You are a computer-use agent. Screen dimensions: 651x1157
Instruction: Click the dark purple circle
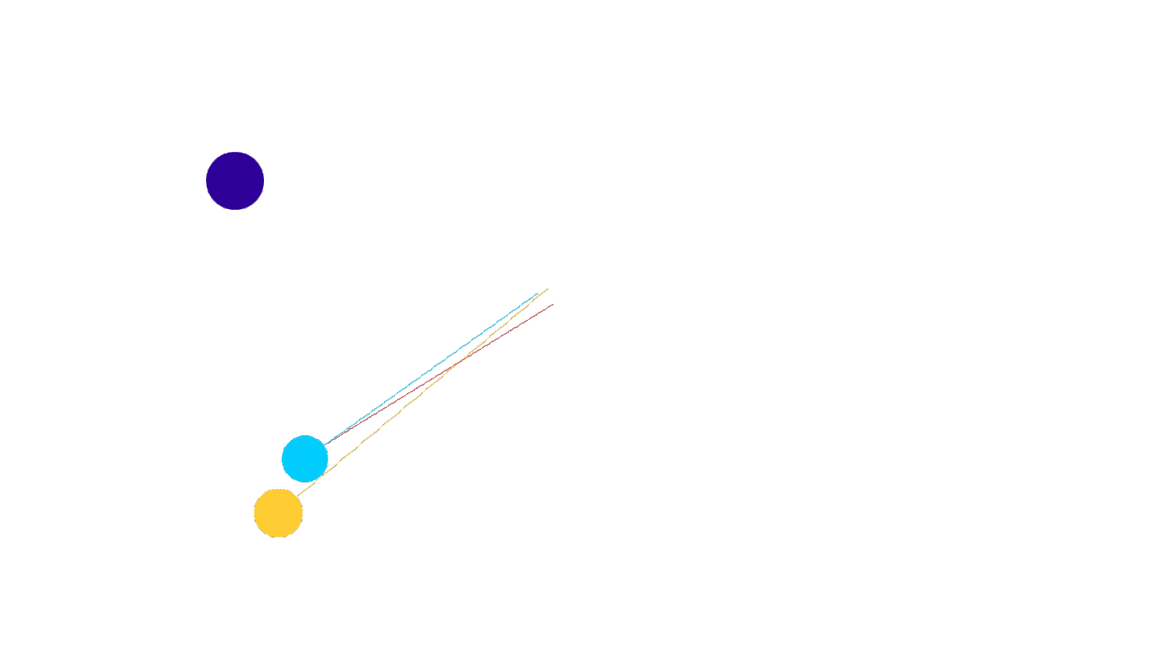tap(235, 181)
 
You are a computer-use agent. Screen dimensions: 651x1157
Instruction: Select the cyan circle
tap(304, 459)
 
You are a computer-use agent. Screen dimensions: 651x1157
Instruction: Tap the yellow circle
tap(278, 513)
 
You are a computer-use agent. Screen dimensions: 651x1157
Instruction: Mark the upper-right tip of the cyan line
tap(539, 293)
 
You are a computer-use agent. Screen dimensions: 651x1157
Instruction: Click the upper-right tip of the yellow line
tap(547, 289)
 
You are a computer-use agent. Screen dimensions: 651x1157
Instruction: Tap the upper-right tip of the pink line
tap(554, 304)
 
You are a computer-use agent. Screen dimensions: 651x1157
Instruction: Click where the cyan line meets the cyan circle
tap(323, 444)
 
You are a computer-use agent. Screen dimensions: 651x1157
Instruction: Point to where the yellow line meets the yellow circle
tap(296, 497)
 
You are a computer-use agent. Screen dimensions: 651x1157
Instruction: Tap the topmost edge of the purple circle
tap(235, 152)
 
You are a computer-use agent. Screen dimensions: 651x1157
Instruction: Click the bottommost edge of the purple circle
tap(235, 210)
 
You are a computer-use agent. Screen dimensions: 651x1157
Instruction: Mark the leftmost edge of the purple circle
tap(206, 181)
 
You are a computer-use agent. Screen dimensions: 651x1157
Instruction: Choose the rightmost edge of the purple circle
tap(264, 181)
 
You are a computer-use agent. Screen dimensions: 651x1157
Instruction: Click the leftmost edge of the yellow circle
tap(254, 513)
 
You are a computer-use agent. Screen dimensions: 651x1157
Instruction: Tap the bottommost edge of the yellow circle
tap(278, 537)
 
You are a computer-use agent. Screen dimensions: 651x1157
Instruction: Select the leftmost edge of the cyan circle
tap(281, 459)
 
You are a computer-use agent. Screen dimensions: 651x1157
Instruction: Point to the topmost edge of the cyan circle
tap(304, 435)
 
